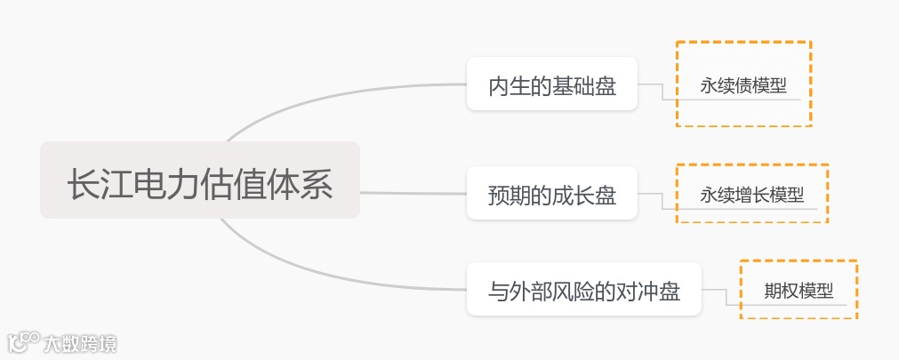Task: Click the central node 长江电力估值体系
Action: tap(200, 188)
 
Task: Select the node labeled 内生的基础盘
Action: tap(552, 86)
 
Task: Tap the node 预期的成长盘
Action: tap(552, 194)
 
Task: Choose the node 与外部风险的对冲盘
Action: tap(584, 291)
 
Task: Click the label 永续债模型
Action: tap(743, 86)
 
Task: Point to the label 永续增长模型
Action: tap(752, 195)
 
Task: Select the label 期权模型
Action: tap(799, 291)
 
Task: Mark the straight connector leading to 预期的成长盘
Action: tap(413, 192)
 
